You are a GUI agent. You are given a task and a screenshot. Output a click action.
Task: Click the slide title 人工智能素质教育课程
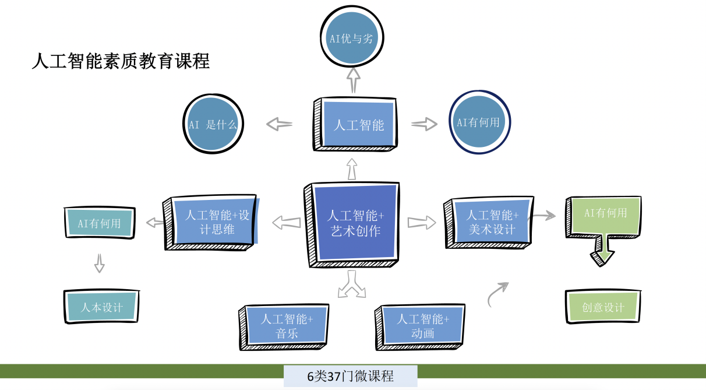coord(121,61)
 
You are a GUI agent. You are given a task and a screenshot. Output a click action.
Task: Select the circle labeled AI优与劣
coord(351,38)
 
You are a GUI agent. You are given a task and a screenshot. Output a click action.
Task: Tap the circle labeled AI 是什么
coord(213,125)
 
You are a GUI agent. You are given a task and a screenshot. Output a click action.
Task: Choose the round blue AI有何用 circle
coord(478,122)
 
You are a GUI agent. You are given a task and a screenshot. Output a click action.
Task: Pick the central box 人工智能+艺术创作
coord(353,224)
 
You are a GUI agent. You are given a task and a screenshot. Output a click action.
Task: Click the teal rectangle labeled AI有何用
coord(100,223)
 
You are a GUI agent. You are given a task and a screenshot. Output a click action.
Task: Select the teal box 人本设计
coord(102,307)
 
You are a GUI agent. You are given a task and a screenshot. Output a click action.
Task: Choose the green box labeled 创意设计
coord(603,307)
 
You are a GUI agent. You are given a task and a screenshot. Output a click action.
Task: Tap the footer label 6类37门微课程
coord(351,376)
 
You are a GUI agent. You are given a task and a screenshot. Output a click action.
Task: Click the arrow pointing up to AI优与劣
coord(354,80)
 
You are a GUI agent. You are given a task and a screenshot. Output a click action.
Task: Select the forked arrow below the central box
coord(352,285)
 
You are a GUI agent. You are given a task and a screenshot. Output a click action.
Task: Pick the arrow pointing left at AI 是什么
coord(280,124)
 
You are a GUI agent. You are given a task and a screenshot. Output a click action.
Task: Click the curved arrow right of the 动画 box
coord(497,294)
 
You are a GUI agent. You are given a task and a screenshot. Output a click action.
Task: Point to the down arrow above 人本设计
coord(100,263)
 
